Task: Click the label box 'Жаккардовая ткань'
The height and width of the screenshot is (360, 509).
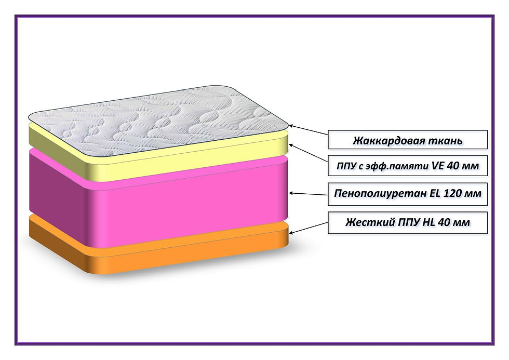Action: (x=408, y=140)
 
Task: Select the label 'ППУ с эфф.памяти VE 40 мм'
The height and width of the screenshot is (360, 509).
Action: (x=408, y=166)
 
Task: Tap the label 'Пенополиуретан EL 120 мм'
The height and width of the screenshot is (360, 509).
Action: (x=408, y=194)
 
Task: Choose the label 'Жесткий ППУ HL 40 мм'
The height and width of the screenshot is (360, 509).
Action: (x=408, y=222)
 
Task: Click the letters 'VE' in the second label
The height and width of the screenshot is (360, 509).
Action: (x=438, y=166)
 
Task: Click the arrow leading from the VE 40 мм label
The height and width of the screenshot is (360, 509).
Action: (x=309, y=154)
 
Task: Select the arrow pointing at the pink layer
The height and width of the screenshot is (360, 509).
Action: (x=309, y=193)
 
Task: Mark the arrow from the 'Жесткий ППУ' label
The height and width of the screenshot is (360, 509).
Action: (x=309, y=227)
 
